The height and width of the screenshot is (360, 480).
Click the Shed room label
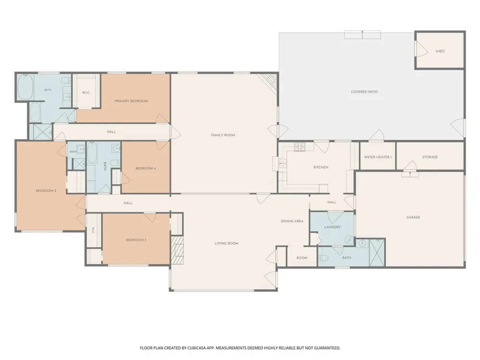[440, 51]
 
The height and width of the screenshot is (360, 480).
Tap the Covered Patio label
[364, 92]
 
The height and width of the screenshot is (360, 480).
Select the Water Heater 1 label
[378, 157]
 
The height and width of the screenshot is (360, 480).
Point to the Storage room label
[430, 157]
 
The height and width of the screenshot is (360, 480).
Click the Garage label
[413, 217]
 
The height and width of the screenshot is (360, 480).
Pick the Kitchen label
[321, 168]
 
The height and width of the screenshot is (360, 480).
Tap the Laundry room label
[333, 227]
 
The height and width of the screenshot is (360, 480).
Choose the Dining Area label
[292, 221]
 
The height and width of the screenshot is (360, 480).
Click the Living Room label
[227, 243]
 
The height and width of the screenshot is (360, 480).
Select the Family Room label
[223, 135]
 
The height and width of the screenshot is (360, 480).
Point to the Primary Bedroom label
[131, 101]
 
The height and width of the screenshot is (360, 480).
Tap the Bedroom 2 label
[46, 191]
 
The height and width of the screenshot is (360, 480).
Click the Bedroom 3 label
[136, 240]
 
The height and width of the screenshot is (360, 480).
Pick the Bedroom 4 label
[146, 168]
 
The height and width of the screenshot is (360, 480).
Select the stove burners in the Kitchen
[300, 147]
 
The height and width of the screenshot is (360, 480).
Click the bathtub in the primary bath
[25, 87]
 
